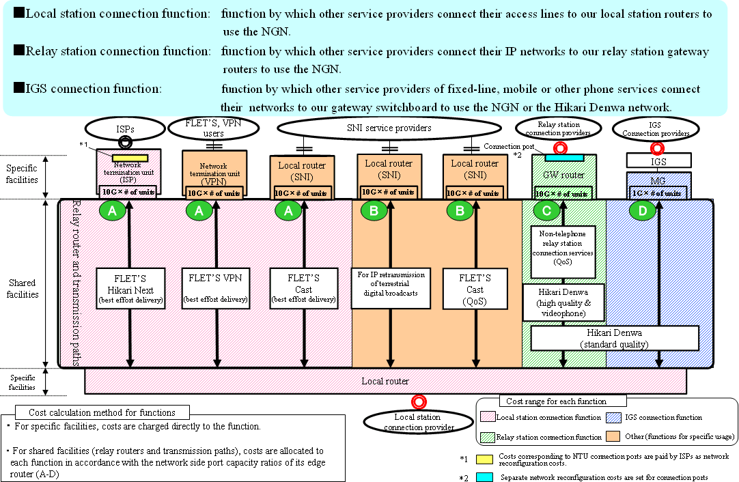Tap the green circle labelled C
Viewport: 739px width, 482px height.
(x=546, y=211)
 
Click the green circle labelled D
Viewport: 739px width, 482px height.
(x=641, y=211)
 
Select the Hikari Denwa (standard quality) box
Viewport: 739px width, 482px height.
(x=615, y=338)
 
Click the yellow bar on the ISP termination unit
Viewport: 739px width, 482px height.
(x=130, y=158)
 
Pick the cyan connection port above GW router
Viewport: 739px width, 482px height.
(x=563, y=158)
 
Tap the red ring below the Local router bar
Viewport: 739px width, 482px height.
(x=418, y=402)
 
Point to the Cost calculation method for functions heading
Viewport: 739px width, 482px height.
(x=102, y=412)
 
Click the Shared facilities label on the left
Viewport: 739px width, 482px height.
(x=22, y=288)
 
